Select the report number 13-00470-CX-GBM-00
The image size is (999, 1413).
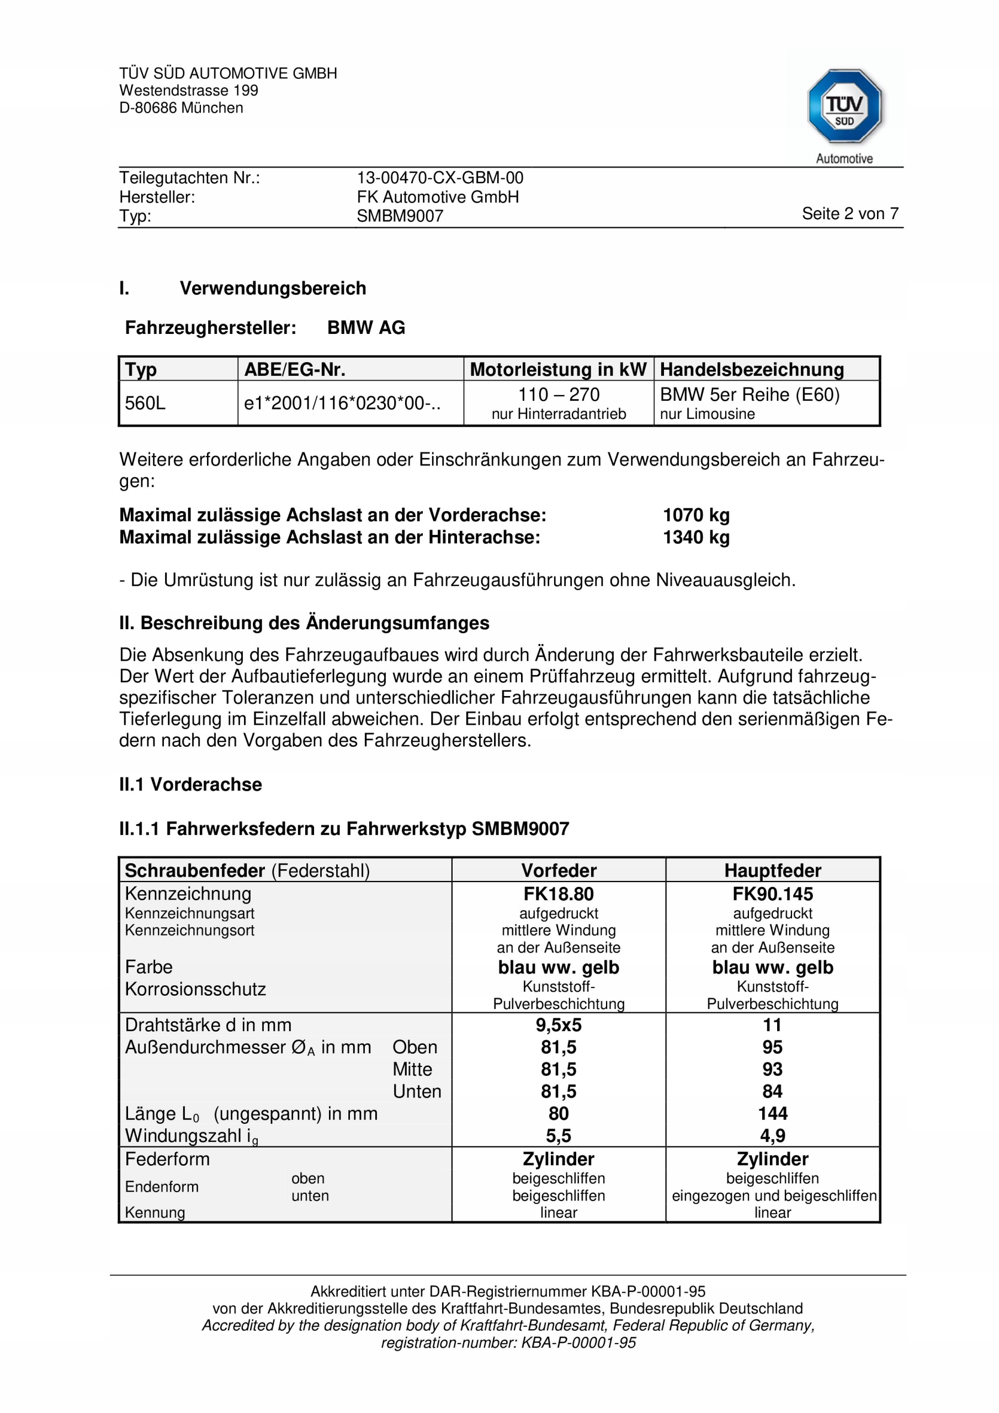coord(439,178)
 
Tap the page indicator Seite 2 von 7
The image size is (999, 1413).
coord(849,214)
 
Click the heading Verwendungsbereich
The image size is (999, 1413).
coord(273,288)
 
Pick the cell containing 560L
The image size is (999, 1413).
coord(145,403)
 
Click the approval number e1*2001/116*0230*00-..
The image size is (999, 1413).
coord(342,403)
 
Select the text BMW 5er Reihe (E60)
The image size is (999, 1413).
coord(749,395)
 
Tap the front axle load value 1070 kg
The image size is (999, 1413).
coord(695,514)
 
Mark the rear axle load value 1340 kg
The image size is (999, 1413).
coord(695,537)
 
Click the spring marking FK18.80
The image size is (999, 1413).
coord(559,894)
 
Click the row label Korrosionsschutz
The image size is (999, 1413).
coord(195,989)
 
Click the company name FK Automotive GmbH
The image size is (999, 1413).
coord(438,197)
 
